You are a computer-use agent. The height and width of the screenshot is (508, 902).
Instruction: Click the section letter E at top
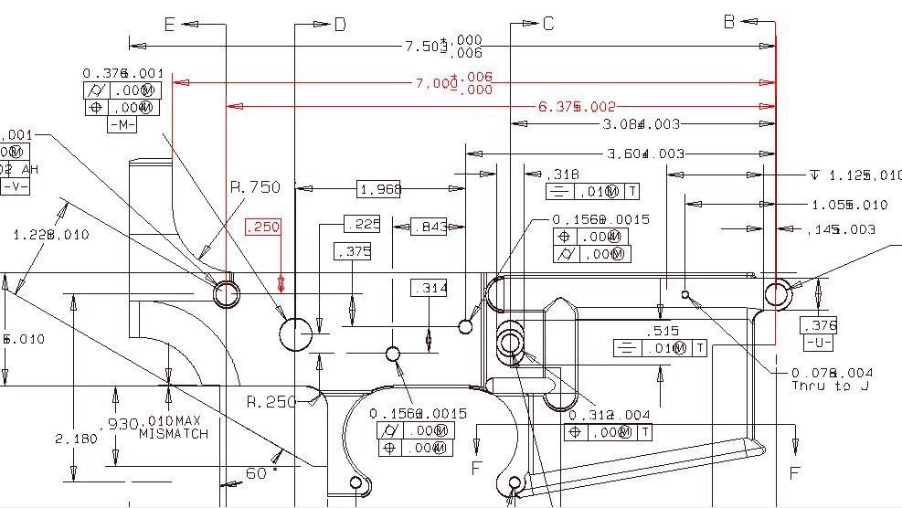click(x=169, y=25)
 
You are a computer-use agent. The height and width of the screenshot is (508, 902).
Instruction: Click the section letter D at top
click(x=340, y=25)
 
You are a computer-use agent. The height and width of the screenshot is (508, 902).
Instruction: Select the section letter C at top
click(x=548, y=24)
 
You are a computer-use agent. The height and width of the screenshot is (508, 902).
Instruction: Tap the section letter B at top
click(x=729, y=22)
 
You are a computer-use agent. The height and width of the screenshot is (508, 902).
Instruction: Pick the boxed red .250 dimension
click(x=263, y=228)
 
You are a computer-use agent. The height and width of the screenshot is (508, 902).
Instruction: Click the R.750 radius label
click(x=254, y=187)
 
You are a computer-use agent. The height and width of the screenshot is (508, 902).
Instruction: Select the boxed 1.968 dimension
click(x=379, y=189)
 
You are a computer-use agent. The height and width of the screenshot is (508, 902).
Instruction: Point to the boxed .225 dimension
click(x=362, y=224)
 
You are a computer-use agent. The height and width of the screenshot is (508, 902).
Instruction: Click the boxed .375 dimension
click(x=353, y=252)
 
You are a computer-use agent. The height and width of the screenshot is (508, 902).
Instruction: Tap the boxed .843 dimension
click(x=428, y=227)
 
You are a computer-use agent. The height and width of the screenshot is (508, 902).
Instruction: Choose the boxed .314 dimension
click(x=430, y=288)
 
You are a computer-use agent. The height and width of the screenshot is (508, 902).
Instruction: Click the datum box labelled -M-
click(x=122, y=125)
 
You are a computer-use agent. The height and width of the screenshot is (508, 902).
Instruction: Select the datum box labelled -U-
click(x=818, y=343)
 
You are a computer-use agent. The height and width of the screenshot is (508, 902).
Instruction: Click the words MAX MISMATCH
click(x=174, y=428)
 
